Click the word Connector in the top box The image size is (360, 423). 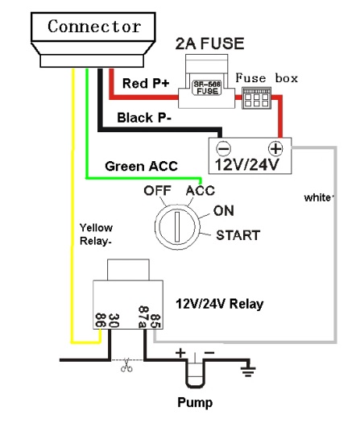coord(94,27)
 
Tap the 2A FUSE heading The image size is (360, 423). coord(209,44)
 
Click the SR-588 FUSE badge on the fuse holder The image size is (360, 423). coord(207,88)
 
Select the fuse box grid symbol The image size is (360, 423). coord(256,97)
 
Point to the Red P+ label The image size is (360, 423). coord(146,83)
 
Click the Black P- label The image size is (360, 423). coord(144,118)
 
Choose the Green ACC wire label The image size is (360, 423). coord(141,166)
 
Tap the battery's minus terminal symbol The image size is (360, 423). coord(224,148)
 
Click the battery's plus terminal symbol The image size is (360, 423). coord(275,148)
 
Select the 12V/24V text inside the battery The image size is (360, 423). coord(247,164)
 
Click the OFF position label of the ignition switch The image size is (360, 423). coord(158,190)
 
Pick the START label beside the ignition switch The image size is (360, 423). coord(238,235)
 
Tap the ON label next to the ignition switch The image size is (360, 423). coord(224,210)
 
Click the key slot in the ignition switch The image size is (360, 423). coord(177,227)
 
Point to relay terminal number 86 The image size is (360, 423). coord(101,320)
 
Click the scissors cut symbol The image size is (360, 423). coord(126,365)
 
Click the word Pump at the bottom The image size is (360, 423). coord(195,403)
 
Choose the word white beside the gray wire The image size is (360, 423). coord(319,197)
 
